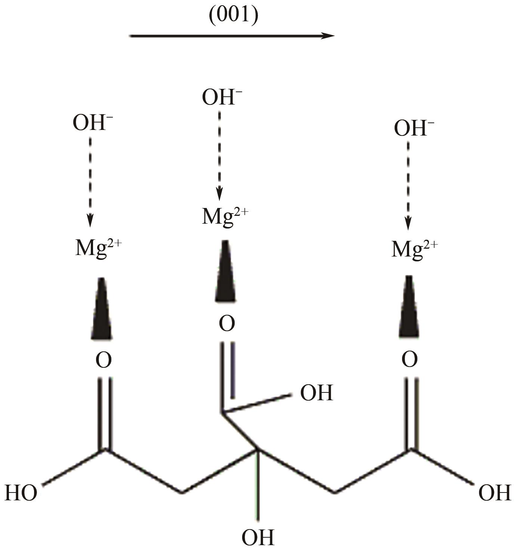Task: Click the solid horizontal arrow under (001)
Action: [232, 36]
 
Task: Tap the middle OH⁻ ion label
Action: [222, 97]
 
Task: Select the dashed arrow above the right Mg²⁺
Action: [408, 185]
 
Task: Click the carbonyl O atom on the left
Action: [103, 360]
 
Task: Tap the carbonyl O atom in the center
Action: [227, 323]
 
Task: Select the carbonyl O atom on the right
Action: [410, 360]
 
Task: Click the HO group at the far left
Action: [21, 493]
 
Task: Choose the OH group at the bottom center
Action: [258, 537]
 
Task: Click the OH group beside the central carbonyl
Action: [316, 393]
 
